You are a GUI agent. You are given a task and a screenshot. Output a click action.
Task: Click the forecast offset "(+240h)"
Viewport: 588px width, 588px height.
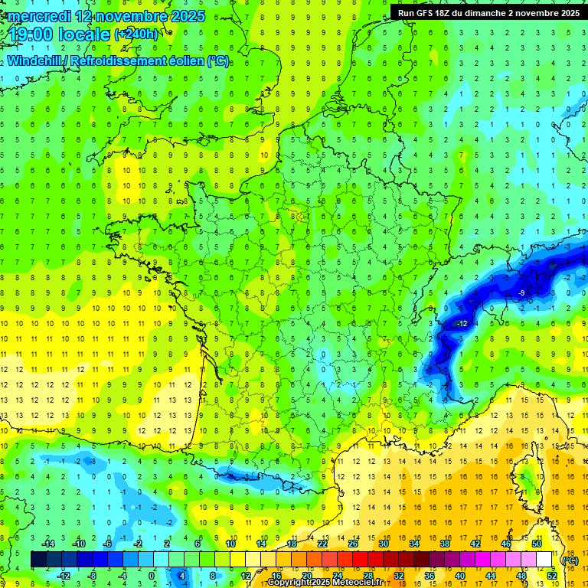pos(136,34)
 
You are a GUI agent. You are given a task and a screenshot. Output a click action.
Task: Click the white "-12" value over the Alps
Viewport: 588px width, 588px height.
pos(462,325)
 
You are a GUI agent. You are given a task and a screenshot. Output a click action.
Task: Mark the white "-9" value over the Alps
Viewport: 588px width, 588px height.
pos(521,292)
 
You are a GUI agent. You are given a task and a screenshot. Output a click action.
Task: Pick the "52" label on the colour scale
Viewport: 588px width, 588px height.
pos(551,575)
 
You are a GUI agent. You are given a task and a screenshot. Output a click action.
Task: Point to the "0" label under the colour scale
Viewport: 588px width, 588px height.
pos(152,575)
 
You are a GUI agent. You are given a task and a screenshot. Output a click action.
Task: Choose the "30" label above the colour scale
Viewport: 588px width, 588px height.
pos(383,544)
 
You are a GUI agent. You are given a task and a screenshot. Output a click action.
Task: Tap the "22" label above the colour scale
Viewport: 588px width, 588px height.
pos(322,544)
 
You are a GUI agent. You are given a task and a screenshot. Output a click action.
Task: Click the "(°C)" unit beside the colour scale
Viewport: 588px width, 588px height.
pos(570,560)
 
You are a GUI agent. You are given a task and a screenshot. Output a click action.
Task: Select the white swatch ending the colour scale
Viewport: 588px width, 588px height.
pos(544,560)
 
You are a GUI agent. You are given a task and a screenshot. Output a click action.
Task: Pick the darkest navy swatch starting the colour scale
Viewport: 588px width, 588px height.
pos(38,560)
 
